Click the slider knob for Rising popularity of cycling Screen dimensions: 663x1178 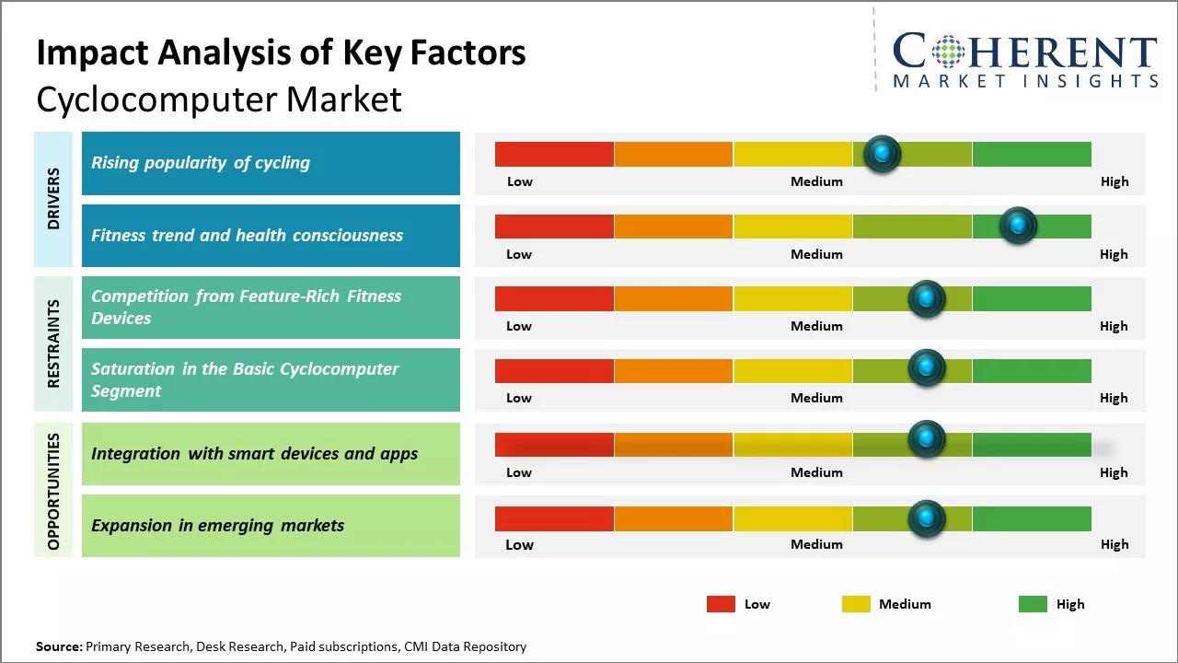click(883, 154)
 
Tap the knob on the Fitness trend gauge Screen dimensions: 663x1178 click(1018, 226)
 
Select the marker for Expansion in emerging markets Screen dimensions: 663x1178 click(927, 518)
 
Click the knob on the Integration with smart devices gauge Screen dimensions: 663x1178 click(927, 439)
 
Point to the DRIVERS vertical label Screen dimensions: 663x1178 click(53, 199)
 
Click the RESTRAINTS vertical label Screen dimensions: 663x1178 click(53, 343)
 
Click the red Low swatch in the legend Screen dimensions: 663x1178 click(721, 604)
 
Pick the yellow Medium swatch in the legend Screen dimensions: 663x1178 click(856, 604)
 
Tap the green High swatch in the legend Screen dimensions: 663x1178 click(1033, 604)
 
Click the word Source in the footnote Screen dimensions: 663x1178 click(58, 646)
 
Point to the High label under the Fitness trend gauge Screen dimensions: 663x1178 click(1114, 254)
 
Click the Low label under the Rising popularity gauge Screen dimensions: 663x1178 click(520, 181)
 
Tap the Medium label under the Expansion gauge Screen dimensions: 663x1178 click(816, 544)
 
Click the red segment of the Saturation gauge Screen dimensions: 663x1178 click(554, 370)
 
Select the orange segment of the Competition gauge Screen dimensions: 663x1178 click(673, 298)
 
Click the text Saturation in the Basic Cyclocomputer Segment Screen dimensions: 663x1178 click(245, 379)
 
